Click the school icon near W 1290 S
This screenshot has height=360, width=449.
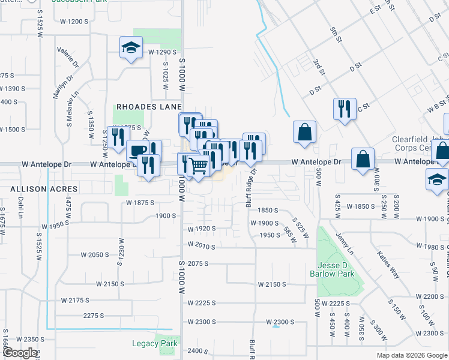(131, 48)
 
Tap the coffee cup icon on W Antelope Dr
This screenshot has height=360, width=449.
(137, 151)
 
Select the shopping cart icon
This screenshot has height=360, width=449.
(199, 164)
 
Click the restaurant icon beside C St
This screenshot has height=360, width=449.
(344, 109)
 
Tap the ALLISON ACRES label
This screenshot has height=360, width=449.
(35, 188)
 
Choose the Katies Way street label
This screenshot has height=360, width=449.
(387, 265)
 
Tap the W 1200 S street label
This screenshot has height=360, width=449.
(74, 22)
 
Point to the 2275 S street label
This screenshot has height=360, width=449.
(94, 316)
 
